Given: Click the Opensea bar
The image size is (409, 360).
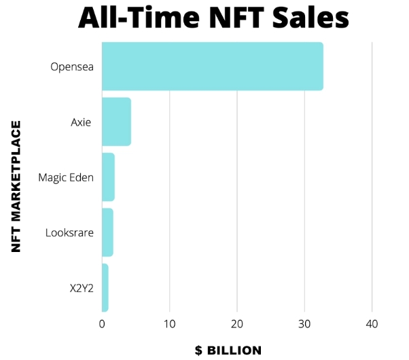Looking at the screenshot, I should [212, 67].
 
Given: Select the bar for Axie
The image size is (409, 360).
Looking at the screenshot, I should [116, 122].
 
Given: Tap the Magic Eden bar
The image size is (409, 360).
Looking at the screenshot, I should [108, 177].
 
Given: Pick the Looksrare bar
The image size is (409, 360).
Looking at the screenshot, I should [107, 232].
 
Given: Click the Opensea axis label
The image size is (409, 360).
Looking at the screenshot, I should [72, 67].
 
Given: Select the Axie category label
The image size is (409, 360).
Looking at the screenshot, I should [81, 122].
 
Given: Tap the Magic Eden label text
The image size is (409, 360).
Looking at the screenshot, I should [66, 177].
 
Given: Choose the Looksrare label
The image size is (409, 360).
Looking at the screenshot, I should [69, 232].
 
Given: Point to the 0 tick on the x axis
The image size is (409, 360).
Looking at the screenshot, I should [102, 324].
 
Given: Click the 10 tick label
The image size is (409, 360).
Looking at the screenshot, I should [169, 324].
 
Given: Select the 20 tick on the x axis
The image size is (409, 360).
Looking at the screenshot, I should [237, 324].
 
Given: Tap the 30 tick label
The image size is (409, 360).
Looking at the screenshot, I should [304, 324].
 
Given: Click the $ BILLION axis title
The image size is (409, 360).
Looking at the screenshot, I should [228, 350].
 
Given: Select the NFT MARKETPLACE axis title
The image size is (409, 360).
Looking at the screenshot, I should [17, 186].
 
